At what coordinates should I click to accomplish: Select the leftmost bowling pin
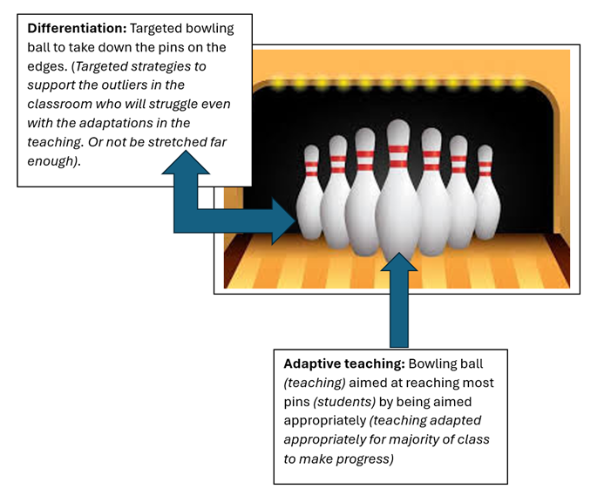(310, 197)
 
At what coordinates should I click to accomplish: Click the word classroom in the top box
(58, 104)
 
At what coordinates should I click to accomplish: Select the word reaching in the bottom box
(443, 383)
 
